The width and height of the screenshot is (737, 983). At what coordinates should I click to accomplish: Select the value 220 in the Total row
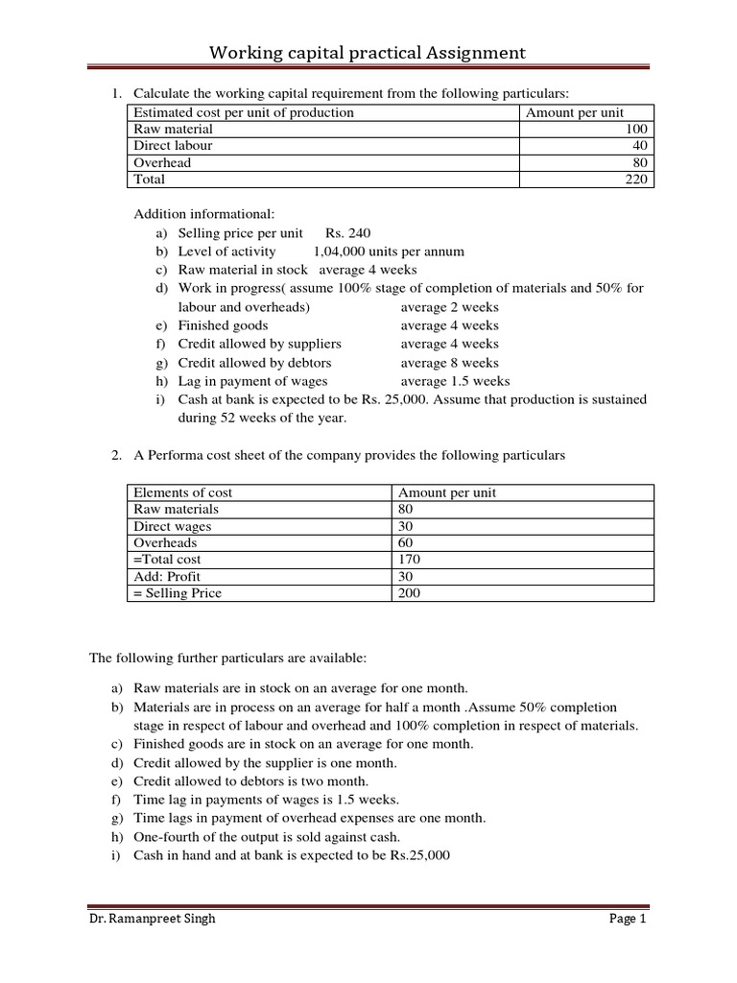pos(636,180)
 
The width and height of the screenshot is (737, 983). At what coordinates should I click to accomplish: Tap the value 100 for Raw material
pos(636,129)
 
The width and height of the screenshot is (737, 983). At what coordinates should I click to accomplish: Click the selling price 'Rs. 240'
pos(347,233)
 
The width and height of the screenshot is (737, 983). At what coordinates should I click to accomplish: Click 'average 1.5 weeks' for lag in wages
pos(456,381)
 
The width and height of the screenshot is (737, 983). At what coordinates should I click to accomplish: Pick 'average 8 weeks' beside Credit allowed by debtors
pos(450,363)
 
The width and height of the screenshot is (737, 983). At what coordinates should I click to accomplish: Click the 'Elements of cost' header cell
pos(183,492)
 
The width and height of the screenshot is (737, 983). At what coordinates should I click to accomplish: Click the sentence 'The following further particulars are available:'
pos(228,659)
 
